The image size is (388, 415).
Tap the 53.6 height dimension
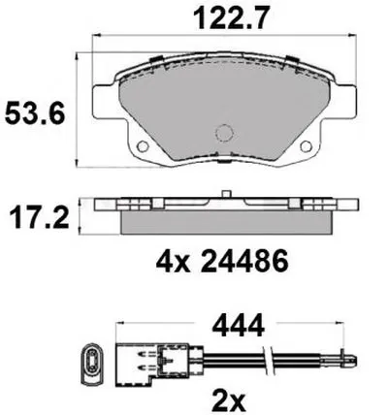[x=35, y=112]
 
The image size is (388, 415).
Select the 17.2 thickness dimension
[x=40, y=218]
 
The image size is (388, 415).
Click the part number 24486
[x=244, y=261]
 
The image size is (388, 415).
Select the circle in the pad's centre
[x=224, y=133]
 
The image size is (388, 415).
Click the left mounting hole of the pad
[x=143, y=146]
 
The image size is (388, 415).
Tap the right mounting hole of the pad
[x=306, y=146]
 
